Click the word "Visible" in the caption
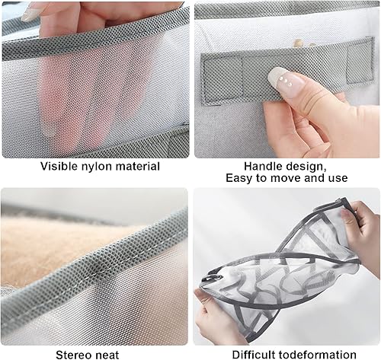pos(59,167)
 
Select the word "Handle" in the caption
pos(263,167)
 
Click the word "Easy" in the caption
pos(239,178)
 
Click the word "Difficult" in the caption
pos(254,355)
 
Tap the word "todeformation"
pos(317,355)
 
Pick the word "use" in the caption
pos(338,179)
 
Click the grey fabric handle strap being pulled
pos(287,71)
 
